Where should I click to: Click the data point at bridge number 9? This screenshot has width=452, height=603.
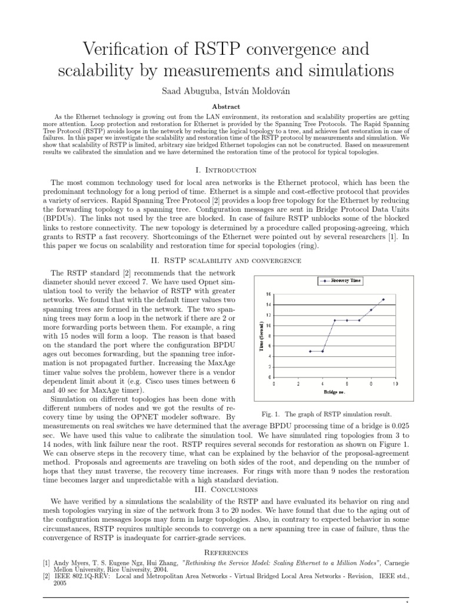tap(383, 299)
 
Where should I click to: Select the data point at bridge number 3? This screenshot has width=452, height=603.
tap(310, 351)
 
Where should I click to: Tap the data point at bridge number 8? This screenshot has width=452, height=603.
tap(371, 310)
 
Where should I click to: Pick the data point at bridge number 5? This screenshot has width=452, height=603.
tap(334, 320)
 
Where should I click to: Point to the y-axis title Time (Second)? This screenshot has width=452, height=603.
tap(261, 336)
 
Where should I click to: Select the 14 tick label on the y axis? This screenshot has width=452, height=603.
tap(268, 304)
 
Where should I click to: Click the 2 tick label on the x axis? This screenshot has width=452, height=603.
tap(298, 383)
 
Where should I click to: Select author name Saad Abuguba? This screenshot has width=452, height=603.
tap(191, 92)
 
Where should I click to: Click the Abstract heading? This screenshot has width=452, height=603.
tap(225, 107)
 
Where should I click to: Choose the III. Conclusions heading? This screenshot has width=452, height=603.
tap(225, 489)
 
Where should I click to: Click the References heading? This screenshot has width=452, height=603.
tap(225, 552)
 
